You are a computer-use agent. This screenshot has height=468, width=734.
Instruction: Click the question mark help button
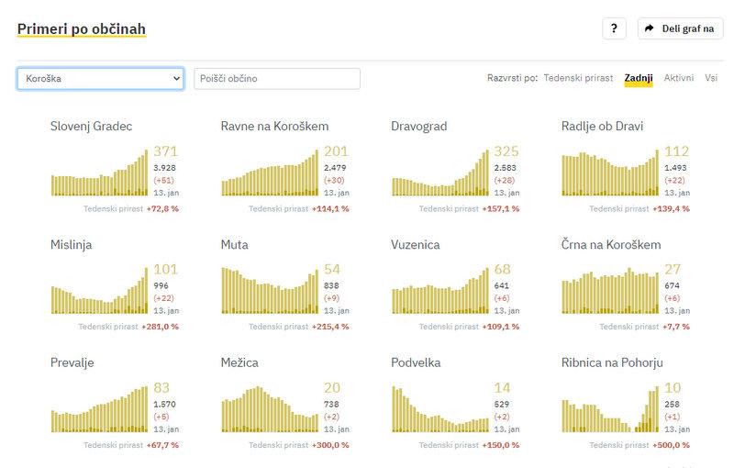(614, 28)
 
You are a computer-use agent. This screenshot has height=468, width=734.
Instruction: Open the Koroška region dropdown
(100, 78)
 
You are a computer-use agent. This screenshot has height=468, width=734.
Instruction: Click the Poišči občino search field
(277, 78)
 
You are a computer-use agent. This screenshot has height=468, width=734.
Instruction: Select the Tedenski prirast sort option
(578, 78)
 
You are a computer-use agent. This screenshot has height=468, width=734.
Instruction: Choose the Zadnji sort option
(638, 78)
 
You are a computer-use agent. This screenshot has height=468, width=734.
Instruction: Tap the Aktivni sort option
(679, 78)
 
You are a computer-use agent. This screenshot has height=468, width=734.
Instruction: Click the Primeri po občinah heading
(81, 29)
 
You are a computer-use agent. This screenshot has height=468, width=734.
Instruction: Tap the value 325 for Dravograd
(506, 151)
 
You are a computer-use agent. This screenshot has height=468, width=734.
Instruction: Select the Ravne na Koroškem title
(274, 126)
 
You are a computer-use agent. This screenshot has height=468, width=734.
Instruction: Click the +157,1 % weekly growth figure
(499, 208)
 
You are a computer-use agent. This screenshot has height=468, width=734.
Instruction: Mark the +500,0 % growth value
(669, 445)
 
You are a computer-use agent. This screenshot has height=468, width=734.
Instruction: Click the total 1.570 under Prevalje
(164, 404)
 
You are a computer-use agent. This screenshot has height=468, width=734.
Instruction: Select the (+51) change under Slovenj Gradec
(163, 181)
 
